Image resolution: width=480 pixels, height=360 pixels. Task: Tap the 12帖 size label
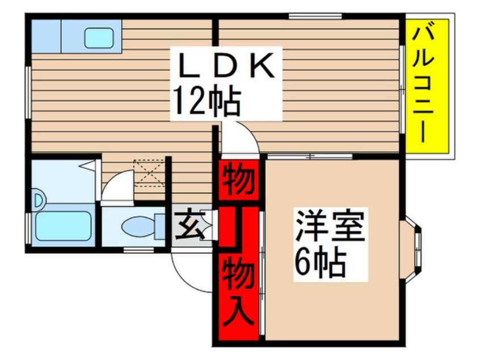pyautogui.click(x=207, y=101)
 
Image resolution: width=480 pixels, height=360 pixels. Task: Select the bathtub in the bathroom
pyautogui.click(x=63, y=227)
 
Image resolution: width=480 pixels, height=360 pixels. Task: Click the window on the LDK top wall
pyautogui.click(x=314, y=16)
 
